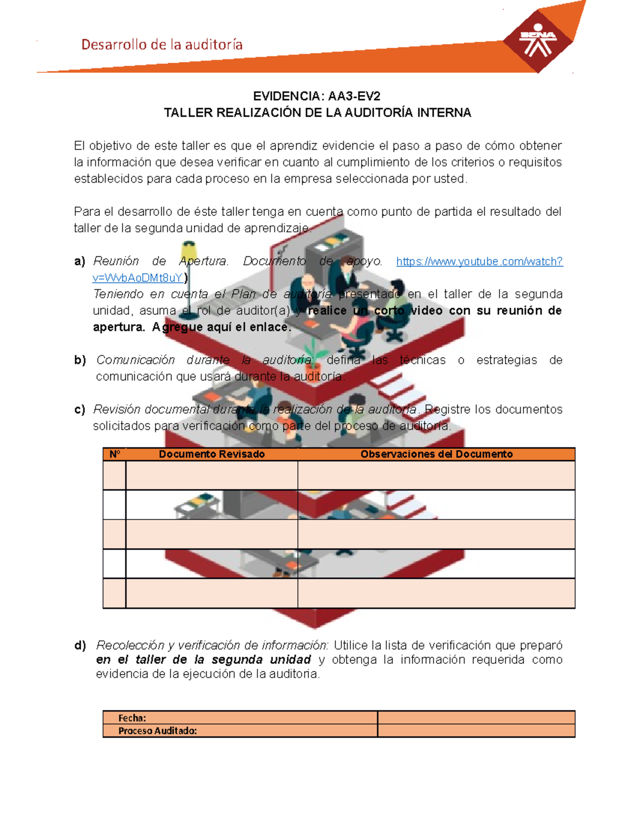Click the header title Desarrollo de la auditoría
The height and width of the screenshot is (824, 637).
click(x=162, y=45)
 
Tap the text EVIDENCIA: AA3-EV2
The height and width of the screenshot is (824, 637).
click(x=316, y=96)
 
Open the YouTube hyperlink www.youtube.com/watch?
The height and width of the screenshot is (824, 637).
click(x=479, y=262)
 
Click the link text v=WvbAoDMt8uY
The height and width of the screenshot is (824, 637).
click(x=137, y=278)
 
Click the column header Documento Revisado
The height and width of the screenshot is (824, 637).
click(x=211, y=454)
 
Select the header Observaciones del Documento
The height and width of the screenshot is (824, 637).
click(x=436, y=454)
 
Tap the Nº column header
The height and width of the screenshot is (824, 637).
click(x=115, y=454)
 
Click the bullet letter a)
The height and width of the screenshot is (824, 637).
click(x=80, y=262)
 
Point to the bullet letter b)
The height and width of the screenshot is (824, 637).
click(x=80, y=360)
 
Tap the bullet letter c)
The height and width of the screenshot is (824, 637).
click(x=80, y=410)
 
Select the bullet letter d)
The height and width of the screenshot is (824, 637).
click(x=80, y=646)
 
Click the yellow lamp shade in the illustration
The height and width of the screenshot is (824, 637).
click(x=188, y=250)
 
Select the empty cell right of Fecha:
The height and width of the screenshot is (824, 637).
click(x=476, y=718)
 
